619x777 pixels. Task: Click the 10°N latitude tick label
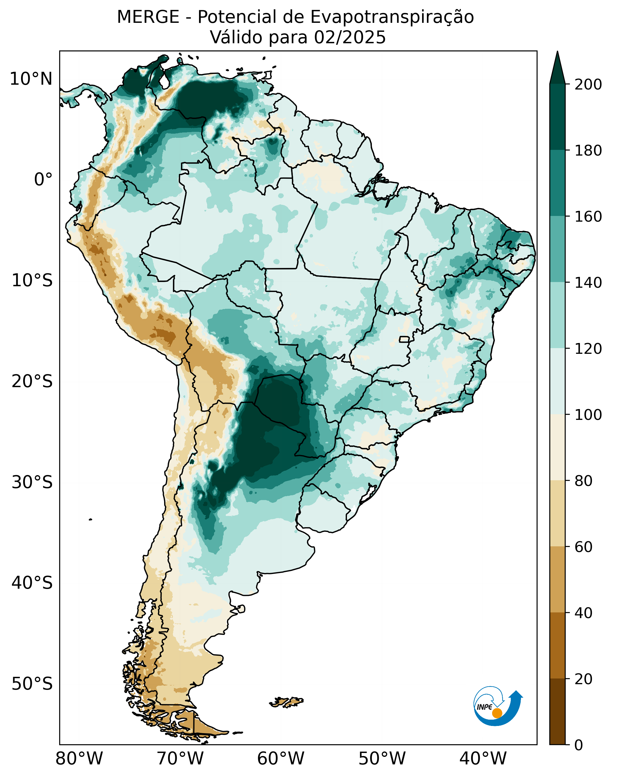[x=31, y=79]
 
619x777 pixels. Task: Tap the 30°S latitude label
[x=32, y=482]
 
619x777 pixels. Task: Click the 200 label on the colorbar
[x=588, y=85]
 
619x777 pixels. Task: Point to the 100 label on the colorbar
[x=588, y=415]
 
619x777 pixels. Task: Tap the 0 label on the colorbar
[x=578, y=745]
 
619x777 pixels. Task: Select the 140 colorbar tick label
[x=588, y=283]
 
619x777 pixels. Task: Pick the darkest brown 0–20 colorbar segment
[x=557, y=712]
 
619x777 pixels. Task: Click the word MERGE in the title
[x=148, y=17]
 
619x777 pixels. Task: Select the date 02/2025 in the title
[x=350, y=38]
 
